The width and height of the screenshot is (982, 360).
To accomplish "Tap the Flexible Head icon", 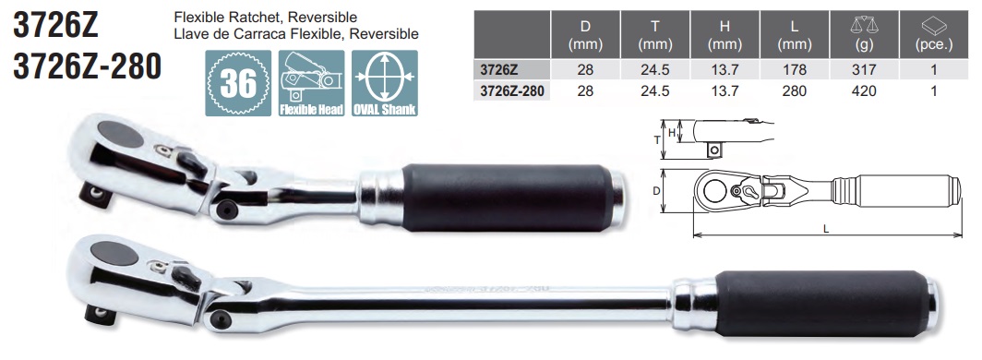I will pos(311,84).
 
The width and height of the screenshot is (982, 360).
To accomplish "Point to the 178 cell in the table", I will pos(793,69).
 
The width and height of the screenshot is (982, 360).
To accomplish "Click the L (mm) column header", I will pos(793,34).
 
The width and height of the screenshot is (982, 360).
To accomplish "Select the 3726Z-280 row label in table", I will pos(510,91).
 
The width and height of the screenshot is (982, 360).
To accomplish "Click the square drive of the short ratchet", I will pos(95,190).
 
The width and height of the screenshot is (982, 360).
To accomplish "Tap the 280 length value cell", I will pos(793,91).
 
